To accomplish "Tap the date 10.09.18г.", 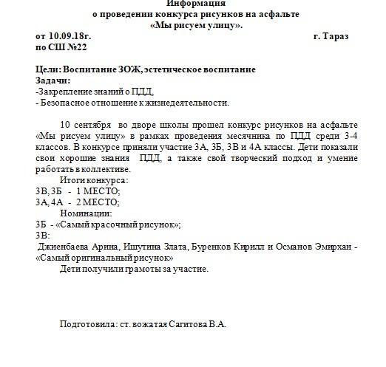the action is click(x=72, y=35).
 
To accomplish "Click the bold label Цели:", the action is click(x=49, y=69).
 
